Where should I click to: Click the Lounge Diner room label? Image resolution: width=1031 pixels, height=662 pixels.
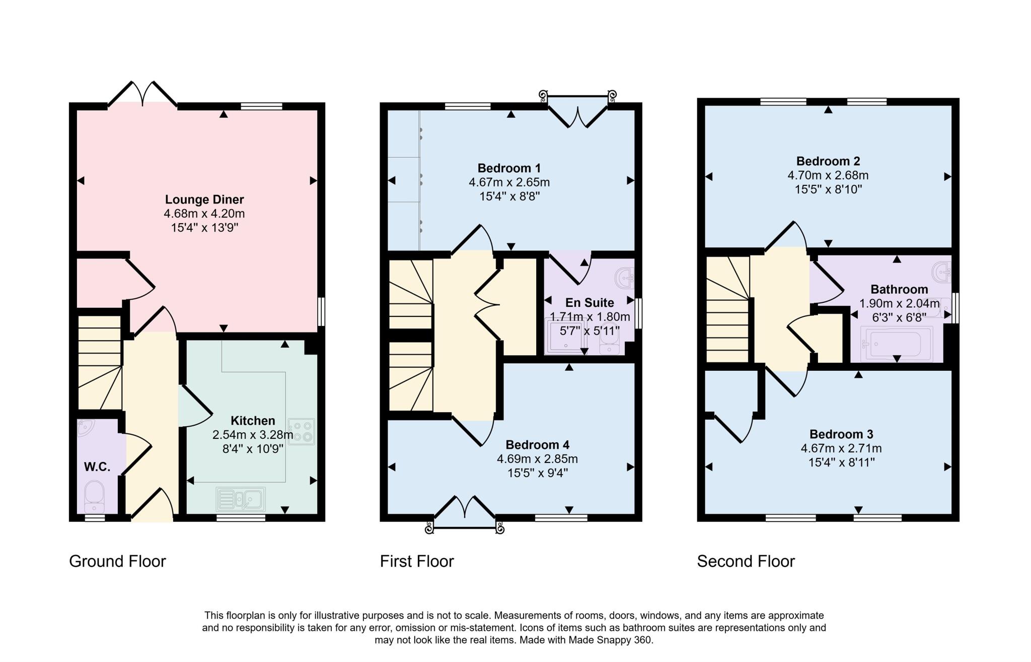tap(204, 200)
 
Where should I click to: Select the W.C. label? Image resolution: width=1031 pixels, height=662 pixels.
tap(97, 467)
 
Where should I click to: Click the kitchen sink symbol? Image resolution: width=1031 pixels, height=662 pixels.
tap(241, 499)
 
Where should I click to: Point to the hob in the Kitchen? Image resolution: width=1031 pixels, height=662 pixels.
tap(301, 432)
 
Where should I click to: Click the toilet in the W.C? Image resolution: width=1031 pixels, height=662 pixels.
tap(94, 496)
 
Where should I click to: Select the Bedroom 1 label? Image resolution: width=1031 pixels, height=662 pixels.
tap(509, 168)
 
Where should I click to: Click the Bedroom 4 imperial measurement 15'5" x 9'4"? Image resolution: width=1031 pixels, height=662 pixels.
tap(537, 473)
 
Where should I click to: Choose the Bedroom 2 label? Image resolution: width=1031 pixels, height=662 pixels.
tap(828, 161)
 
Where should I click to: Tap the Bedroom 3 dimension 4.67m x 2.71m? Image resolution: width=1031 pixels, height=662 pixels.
tap(841, 448)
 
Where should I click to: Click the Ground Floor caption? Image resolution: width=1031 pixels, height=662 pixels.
tap(117, 561)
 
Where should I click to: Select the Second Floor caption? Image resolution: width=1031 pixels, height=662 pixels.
tap(746, 561)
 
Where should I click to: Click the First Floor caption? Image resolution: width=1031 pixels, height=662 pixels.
tap(417, 561)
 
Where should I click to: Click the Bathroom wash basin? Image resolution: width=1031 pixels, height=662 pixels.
tap(940, 272)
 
